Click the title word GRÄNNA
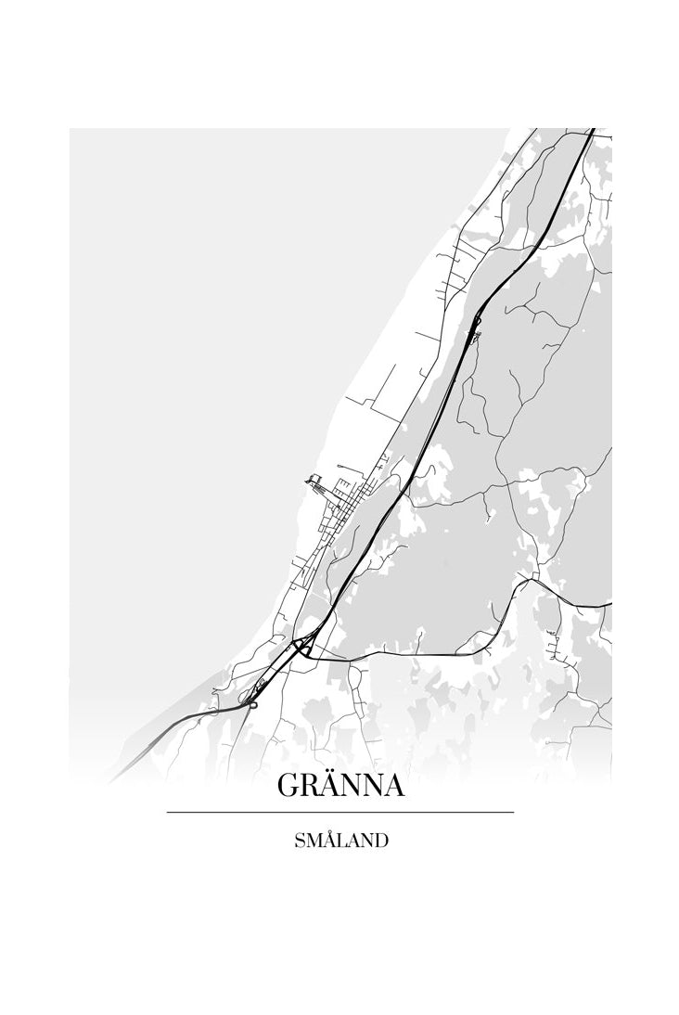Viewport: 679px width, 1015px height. coord(339,786)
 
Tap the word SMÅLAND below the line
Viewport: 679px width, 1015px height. coord(339,842)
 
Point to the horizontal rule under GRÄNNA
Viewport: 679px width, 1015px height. coord(339,813)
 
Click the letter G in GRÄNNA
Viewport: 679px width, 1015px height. coord(287,786)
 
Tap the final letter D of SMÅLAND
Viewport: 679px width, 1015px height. coord(380,842)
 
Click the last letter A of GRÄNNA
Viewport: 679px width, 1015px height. coord(392,786)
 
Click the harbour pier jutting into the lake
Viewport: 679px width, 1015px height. coord(313,480)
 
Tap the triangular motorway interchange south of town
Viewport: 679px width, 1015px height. coord(301,647)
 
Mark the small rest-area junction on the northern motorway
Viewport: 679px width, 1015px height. coord(477,325)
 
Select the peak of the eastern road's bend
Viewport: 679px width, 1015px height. coord(526,580)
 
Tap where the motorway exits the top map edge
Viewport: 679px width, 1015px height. coord(590,130)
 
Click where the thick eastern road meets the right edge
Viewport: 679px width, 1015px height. coord(609,604)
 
